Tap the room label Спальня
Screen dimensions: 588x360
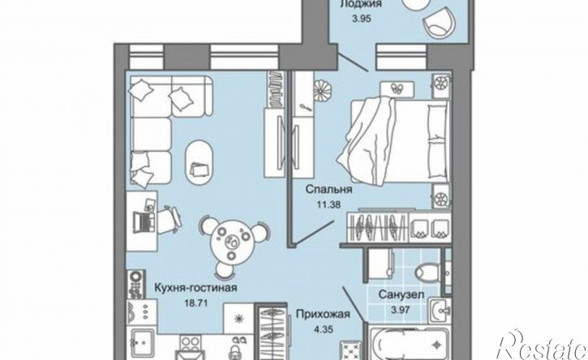(x=329, y=190)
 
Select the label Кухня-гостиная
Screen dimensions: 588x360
(x=196, y=288)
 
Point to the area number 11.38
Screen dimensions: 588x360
(x=329, y=204)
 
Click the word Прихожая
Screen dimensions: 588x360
(x=323, y=314)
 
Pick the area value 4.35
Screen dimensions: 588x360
(x=323, y=329)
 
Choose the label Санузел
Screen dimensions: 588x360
(x=401, y=295)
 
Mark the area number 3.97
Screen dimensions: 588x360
(x=401, y=310)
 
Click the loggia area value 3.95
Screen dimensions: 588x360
(x=361, y=19)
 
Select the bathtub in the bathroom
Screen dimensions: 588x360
(x=410, y=344)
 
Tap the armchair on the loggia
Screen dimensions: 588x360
(x=439, y=23)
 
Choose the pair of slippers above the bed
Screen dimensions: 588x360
(x=397, y=89)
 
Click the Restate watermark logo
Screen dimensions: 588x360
(x=543, y=345)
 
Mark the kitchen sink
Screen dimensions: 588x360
(x=141, y=344)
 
